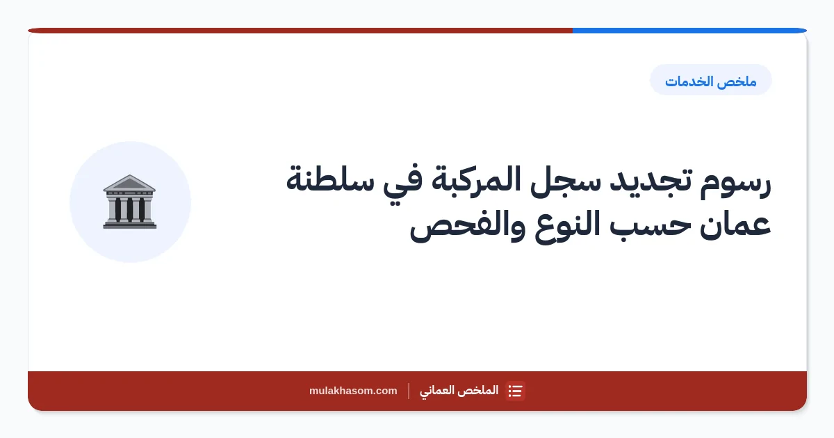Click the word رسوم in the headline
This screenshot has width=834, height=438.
pyautogui.click(x=735, y=182)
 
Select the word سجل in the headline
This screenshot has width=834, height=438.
pyautogui.click(x=565, y=181)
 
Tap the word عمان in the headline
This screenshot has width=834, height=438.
pyautogui.click(x=735, y=225)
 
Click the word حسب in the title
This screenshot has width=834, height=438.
pyautogui.click(x=650, y=226)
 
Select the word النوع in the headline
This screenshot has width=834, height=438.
pyautogui.click(x=567, y=226)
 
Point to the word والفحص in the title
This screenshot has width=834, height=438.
pyautogui.click(x=468, y=226)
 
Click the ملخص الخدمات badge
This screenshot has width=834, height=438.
pyautogui.click(x=711, y=80)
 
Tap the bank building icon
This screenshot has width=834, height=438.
pyautogui.click(x=130, y=202)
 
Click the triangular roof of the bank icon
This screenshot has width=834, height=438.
pyautogui.click(x=129, y=182)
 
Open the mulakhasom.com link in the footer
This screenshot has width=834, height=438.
pyautogui.click(x=353, y=391)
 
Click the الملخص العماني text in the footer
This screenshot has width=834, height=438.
pyautogui.click(x=459, y=391)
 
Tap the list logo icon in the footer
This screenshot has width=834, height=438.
pyautogui.click(x=515, y=391)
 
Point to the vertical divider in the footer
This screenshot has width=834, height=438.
pyautogui.click(x=409, y=391)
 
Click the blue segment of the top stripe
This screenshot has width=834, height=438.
pyautogui.click(x=689, y=31)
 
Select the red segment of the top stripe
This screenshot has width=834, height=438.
pyautogui.click(x=300, y=31)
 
